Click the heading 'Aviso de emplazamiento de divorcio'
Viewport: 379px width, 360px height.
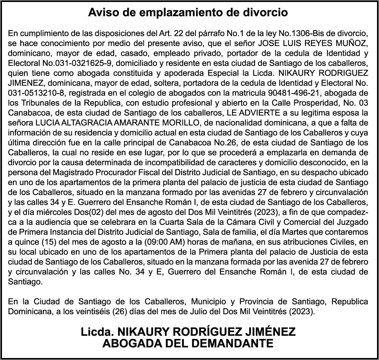click(x=188, y=13)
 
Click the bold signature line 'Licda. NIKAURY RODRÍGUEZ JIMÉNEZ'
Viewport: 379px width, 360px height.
click(x=188, y=331)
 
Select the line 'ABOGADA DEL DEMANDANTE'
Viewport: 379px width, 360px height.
click(x=188, y=343)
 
